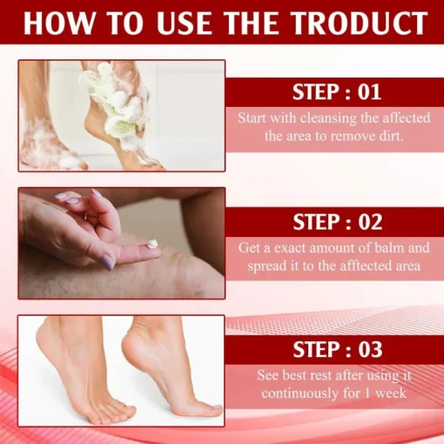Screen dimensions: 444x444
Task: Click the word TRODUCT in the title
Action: (x=360, y=24)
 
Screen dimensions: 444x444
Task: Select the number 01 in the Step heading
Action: (x=369, y=92)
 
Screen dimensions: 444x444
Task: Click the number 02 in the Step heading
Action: (x=370, y=222)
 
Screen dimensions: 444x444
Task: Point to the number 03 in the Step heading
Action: (x=370, y=349)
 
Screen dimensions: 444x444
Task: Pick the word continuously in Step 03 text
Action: (x=299, y=394)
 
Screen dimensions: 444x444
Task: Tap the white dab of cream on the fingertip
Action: (x=152, y=244)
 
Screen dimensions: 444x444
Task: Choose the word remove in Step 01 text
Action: (x=351, y=137)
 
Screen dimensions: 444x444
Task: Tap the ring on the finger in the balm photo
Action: (x=86, y=216)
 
